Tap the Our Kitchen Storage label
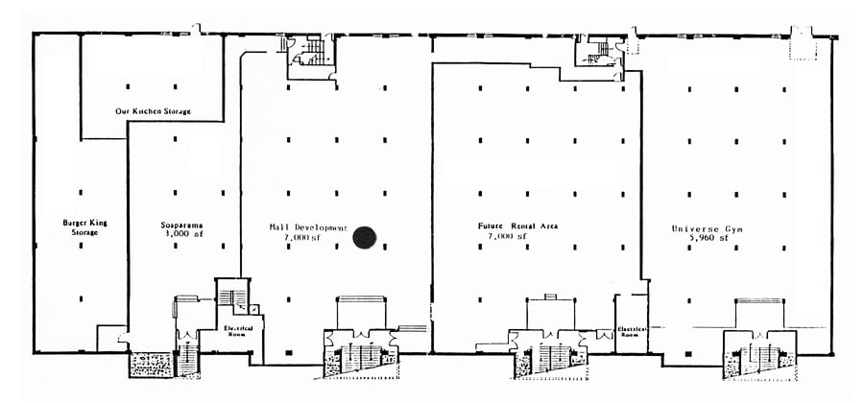tap(153, 111)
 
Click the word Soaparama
tap(180, 226)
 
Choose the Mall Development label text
tap(307, 227)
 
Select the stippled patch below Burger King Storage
tap(149, 365)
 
